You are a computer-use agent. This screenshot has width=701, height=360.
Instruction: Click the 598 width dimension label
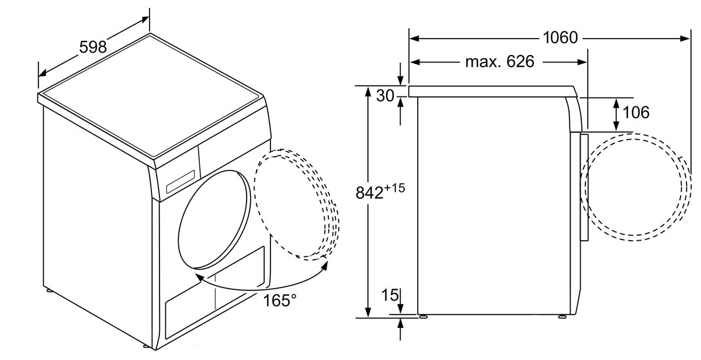click(x=93, y=47)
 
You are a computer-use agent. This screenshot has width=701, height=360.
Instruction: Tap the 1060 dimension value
click(x=560, y=37)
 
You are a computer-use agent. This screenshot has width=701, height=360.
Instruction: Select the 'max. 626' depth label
click(x=500, y=61)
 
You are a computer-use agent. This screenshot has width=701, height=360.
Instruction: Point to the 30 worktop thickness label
click(x=385, y=95)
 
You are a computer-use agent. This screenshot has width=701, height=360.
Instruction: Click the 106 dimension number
click(x=636, y=112)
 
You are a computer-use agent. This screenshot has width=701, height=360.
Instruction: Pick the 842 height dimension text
click(x=369, y=192)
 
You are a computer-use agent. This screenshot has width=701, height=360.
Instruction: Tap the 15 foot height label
click(x=390, y=295)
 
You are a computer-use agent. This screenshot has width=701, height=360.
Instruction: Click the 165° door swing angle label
click(x=279, y=300)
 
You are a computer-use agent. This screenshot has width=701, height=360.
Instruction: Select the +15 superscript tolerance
click(x=394, y=188)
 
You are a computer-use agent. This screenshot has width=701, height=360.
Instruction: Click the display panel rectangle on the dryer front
click(x=181, y=182)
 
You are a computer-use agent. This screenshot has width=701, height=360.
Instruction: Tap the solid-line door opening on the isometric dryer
click(x=215, y=220)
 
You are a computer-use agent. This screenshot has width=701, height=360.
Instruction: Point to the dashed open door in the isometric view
click(x=297, y=205)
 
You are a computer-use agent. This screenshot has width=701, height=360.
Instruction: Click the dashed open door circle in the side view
click(x=636, y=187)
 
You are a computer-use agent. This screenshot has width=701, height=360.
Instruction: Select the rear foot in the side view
click(x=423, y=317)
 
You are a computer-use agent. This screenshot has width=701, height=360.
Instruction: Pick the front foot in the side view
click(x=562, y=317)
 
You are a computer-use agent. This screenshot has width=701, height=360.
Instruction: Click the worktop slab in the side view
click(x=493, y=91)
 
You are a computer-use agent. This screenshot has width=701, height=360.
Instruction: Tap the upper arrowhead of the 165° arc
click(x=325, y=265)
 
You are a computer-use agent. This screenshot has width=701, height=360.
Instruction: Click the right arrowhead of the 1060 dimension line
click(x=685, y=39)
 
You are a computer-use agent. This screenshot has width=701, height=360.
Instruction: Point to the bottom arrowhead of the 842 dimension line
click(x=368, y=313)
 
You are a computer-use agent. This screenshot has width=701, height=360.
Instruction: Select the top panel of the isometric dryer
click(x=151, y=95)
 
